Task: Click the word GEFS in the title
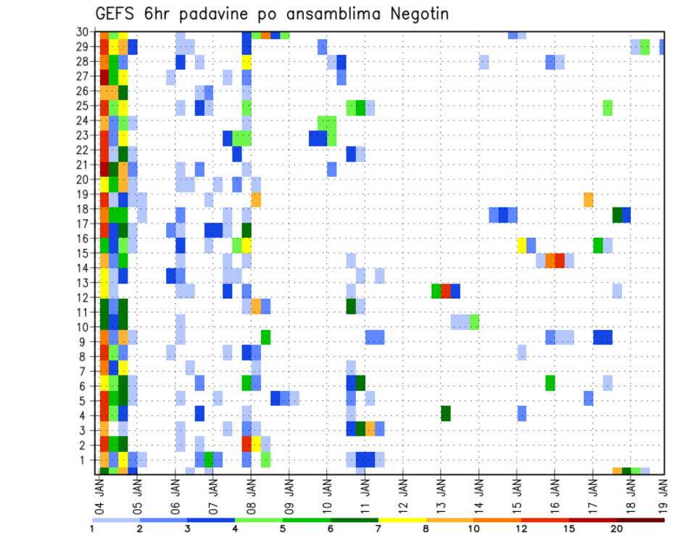pos(117,14)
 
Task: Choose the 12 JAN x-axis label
pos(403,493)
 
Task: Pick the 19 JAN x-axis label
pos(664,493)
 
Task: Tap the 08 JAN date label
pos(252,493)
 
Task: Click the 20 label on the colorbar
pos(617,529)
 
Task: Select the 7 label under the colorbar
pos(378,529)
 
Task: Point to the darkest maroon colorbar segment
pos(641,519)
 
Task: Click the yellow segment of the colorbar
pos(402,519)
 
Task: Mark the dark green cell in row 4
pos(446,413)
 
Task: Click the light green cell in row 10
pos(474,321)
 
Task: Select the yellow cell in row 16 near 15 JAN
pos(521,245)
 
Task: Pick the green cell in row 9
pos(265,337)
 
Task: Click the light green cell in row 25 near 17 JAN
pos(607,107)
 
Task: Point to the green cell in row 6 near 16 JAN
pos(550,383)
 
